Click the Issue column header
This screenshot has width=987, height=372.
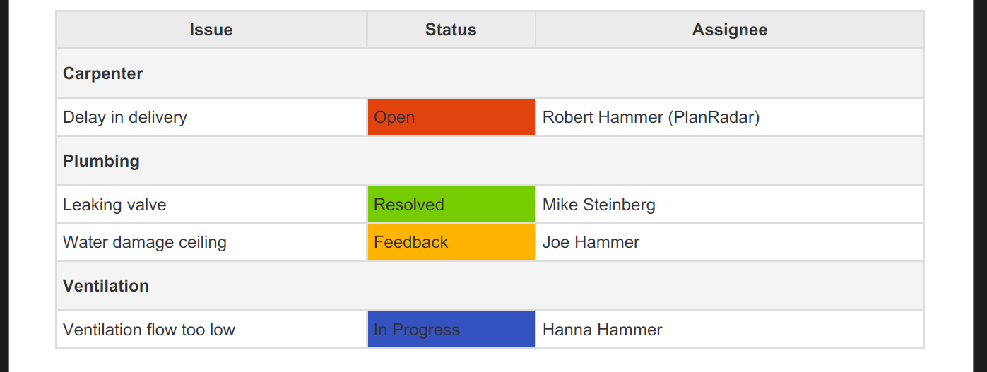pos(211,30)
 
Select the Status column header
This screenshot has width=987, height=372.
pos(451,30)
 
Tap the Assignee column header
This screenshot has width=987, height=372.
pos(730,30)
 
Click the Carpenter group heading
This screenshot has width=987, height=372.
pos(102,73)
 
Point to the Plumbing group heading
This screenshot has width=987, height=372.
pos(101,161)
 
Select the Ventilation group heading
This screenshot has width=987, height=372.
pos(106,286)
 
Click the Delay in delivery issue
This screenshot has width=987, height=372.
pos(124,117)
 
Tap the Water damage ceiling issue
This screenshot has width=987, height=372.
pos(145,242)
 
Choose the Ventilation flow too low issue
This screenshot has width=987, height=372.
pos(149,330)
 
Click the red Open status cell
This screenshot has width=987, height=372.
pos(451,116)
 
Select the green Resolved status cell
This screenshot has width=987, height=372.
pos(451,204)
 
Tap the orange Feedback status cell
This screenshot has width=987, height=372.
pos(451,241)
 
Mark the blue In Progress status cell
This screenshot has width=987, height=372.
pos(451,330)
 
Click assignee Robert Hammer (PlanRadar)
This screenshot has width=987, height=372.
pos(651,117)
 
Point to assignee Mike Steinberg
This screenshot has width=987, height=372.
pos(599,205)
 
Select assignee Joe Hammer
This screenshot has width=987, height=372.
pos(591,242)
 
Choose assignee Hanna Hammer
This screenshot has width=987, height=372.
pos(603,330)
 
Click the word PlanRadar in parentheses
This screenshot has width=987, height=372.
pos(714,117)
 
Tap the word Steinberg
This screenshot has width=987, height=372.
pos(619,205)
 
